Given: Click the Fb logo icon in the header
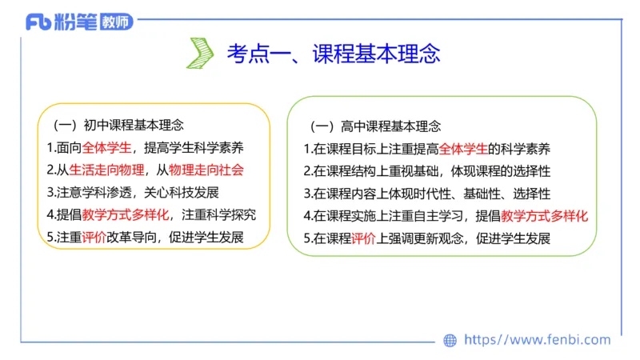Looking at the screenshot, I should (38, 22).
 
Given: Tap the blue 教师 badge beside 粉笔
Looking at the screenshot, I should (114, 22).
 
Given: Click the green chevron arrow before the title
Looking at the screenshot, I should (199, 54).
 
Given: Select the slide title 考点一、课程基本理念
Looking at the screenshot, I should (333, 54).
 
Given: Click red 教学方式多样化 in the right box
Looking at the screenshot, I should (549, 216).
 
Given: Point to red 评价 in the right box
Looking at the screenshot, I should (363, 238).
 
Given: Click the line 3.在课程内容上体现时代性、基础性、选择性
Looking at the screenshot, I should (427, 194).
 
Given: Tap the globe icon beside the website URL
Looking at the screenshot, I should (450, 340).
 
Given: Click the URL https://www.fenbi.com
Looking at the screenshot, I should (537, 340).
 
